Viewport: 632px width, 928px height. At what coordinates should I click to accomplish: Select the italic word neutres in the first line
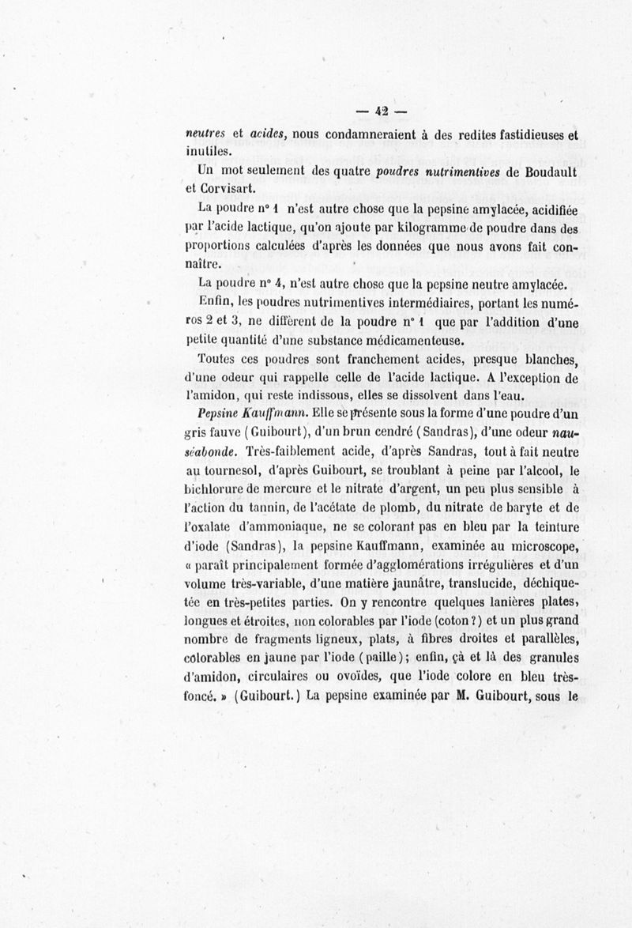205,134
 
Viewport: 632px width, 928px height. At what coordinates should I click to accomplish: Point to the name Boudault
546,172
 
